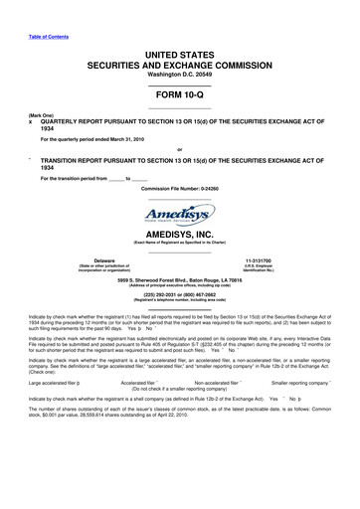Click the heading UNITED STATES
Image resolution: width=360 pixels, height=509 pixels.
click(x=179, y=52)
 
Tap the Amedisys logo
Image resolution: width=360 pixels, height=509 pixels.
click(x=179, y=218)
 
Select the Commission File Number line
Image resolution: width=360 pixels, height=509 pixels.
click(x=179, y=188)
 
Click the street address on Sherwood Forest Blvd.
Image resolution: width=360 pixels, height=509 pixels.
click(x=179, y=308)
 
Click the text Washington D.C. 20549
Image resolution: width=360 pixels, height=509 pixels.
click(x=179, y=74)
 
